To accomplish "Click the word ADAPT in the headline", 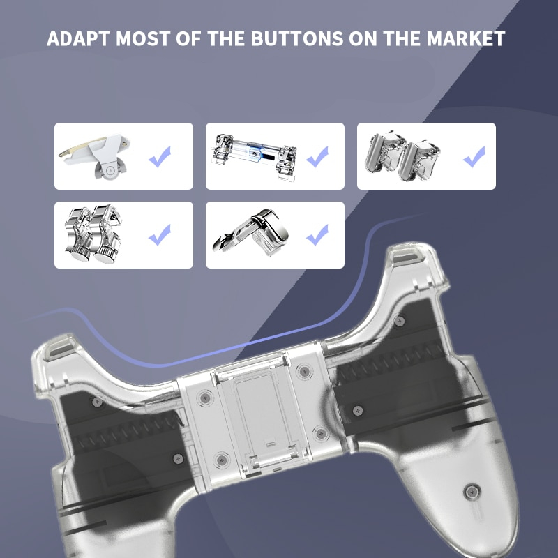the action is tap(77, 38).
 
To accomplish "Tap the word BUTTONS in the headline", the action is tap(297, 38).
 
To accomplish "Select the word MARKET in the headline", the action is tap(466, 38).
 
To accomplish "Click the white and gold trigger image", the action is tap(94, 156).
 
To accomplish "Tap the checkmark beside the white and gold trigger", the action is tap(160, 156).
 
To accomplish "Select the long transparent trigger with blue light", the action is tap(254, 156).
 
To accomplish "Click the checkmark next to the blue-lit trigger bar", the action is tap(317, 156).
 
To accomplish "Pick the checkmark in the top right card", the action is tap(474, 156).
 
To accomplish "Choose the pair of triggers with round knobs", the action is tap(93, 234).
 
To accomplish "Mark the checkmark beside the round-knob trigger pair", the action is tap(160, 235).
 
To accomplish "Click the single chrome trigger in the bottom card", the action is tap(250, 232).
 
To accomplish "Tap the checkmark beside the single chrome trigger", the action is tap(317, 235).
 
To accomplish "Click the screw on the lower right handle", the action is tap(472, 492).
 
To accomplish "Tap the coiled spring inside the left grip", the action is tap(129, 431).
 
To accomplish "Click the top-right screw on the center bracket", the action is tap(305, 371).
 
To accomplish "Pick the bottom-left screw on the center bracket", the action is tap(222, 460).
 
